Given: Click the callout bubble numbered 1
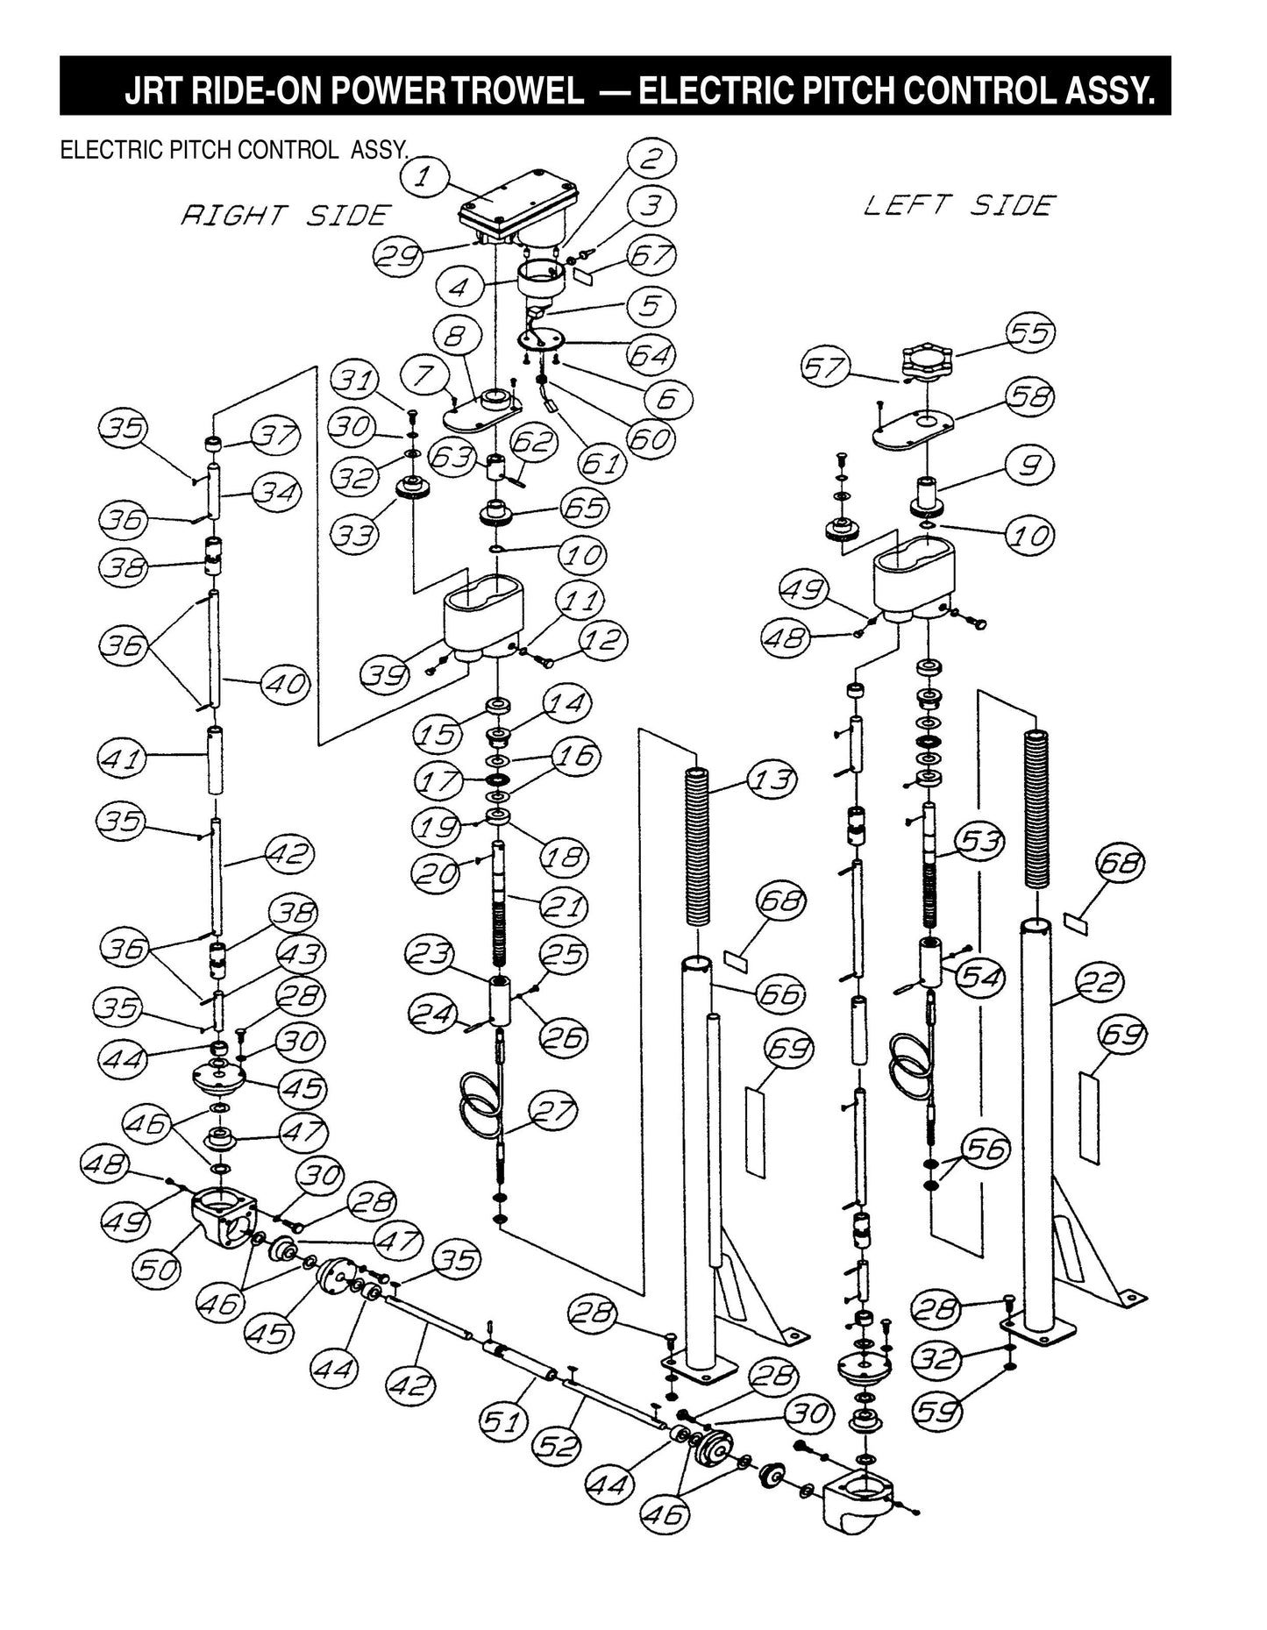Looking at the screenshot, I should point(423,178).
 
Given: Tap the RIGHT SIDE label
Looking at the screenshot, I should point(284,215).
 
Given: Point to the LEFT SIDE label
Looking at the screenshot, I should point(958,205).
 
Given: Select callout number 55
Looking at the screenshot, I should point(1029,334).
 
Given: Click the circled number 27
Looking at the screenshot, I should point(554,1112).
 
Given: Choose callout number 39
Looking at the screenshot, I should point(385,674).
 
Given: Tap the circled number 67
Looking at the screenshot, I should point(652,257).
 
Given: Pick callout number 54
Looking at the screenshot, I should point(980,975).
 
